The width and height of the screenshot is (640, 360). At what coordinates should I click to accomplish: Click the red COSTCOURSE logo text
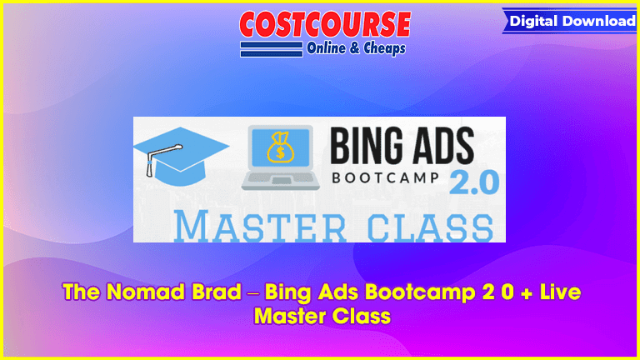pyautogui.click(x=325, y=24)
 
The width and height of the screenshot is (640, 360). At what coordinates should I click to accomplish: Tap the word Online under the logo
pyautogui.click(x=326, y=48)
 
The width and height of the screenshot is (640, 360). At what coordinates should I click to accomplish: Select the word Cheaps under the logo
pyautogui.click(x=384, y=49)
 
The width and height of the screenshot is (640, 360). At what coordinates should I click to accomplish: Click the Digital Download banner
pyautogui.click(x=570, y=21)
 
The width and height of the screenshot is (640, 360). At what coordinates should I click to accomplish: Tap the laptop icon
pyautogui.click(x=280, y=157)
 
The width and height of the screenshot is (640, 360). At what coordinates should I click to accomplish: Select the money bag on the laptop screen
pyautogui.click(x=280, y=147)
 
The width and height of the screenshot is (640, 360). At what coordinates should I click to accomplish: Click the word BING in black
pyautogui.click(x=367, y=145)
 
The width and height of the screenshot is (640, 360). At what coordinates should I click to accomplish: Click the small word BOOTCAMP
pyautogui.click(x=385, y=177)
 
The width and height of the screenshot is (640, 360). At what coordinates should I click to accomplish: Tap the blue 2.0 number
pyautogui.click(x=474, y=182)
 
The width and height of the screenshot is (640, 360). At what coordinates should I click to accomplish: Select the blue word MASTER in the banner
pyautogui.click(x=260, y=226)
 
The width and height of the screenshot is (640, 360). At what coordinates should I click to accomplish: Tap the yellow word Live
pyautogui.click(x=560, y=292)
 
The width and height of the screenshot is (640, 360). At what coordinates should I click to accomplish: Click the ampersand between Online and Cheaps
pyautogui.click(x=355, y=48)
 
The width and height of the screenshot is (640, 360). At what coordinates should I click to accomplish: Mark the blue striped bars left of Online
pyautogui.click(x=272, y=49)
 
